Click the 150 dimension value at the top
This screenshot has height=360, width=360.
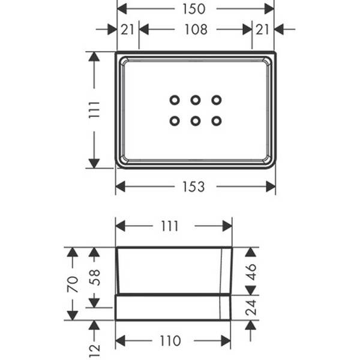click(195, 9)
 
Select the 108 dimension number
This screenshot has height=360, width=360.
click(195, 29)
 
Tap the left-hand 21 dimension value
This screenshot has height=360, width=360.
click(127, 29)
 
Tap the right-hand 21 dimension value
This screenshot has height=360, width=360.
click(263, 29)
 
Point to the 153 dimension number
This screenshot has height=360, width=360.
click(194, 187)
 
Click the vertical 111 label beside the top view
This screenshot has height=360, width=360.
click(94, 109)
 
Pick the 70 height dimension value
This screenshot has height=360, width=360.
click(73, 283)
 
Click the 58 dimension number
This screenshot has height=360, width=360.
click(94, 277)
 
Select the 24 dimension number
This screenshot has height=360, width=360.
click(251, 307)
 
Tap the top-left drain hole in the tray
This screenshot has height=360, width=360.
click(175, 100)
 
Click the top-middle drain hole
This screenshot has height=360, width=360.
click(196, 100)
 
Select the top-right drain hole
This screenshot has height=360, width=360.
click(216, 100)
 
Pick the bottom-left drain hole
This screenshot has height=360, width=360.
click(175, 121)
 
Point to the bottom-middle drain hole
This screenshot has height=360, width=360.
click(196, 121)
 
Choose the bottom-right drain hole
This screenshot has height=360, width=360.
click(216, 121)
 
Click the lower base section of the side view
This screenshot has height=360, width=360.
click(173, 307)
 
